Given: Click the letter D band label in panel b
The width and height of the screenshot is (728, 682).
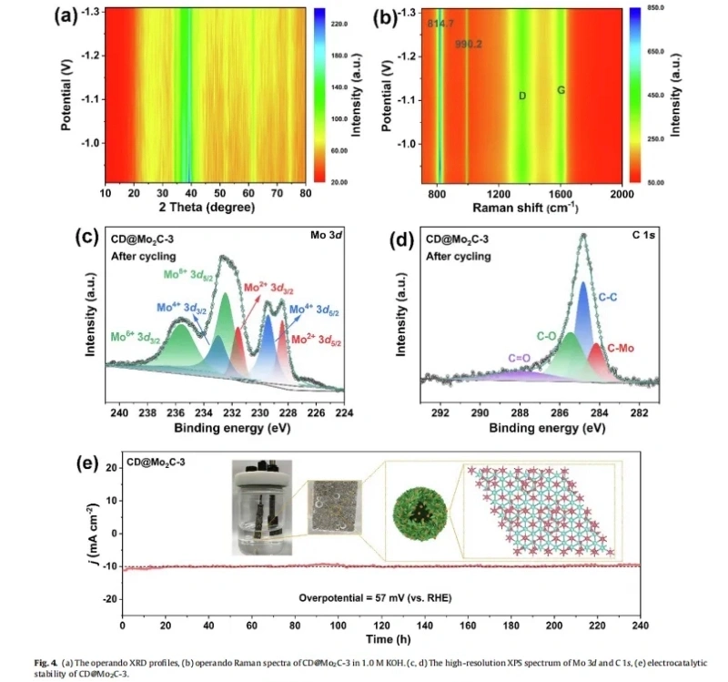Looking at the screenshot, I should (522, 96).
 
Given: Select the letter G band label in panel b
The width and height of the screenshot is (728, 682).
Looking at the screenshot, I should (561, 91).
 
